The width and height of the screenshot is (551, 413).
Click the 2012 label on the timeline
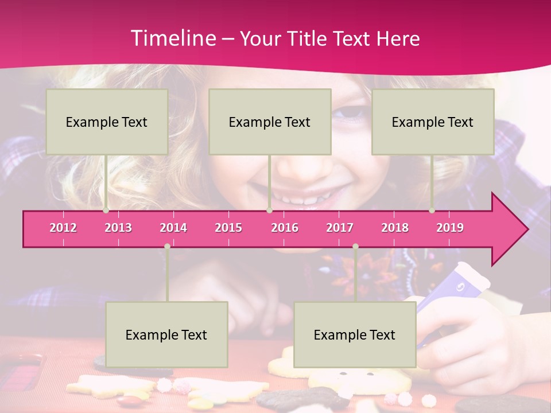(x=63, y=228)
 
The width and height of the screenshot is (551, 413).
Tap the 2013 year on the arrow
(x=118, y=228)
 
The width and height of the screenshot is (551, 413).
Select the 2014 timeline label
(x=173, y=228)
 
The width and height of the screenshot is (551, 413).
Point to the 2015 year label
(x=228, y=228)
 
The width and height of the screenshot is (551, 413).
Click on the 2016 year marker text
(x=285, y=228)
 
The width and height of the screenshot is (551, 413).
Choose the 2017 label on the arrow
(x=340, y=228)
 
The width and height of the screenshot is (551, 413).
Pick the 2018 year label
(x=395, y=228)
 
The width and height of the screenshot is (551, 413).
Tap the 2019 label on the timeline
(x=450, y=228)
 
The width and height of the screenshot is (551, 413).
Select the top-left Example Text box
(x=107, y=122)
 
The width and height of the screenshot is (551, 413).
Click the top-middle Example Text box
(x=270, y=122)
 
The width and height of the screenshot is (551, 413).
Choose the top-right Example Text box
(x=433, y=122)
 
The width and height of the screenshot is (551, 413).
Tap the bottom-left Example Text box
(x=166, y=334)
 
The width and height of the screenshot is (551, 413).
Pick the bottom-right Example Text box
(x=355, y=334)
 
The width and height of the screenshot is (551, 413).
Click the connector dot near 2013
(x=106, y=211)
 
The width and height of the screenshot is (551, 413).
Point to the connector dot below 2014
(x=167, y=247)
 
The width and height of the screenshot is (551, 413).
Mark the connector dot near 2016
(x=269, y=211)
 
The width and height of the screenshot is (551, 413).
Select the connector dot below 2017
(x=355, y=247)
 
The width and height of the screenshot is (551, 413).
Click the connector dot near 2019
(x=432, y=211)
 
